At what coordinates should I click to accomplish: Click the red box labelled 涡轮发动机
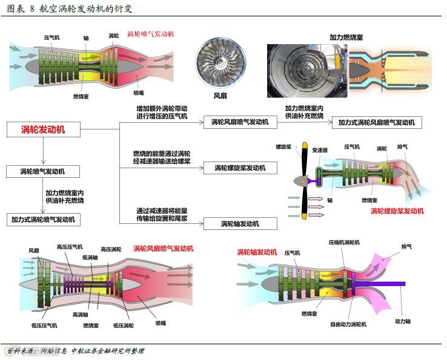[x=43, y=129]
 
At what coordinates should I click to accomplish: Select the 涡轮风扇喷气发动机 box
[x=240, y=122]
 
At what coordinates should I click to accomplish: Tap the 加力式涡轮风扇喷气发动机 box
[x=376, y=122]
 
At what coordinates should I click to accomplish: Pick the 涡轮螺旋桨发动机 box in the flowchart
[x=240, y=168]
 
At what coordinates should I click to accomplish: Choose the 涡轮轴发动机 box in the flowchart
[x=240, y=224]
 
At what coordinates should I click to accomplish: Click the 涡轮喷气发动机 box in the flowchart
[x=42, y=171]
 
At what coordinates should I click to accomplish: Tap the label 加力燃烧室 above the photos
[x=346, y=37]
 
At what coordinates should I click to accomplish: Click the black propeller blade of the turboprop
[x=303, y=163]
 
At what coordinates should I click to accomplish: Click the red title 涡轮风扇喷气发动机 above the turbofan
[x=163, y=248]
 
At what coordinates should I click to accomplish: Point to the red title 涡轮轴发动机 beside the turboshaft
[x=257, y=252]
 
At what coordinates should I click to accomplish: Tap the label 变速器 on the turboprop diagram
[x=320, y=150]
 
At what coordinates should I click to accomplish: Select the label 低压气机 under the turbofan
[x=44, y=326]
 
